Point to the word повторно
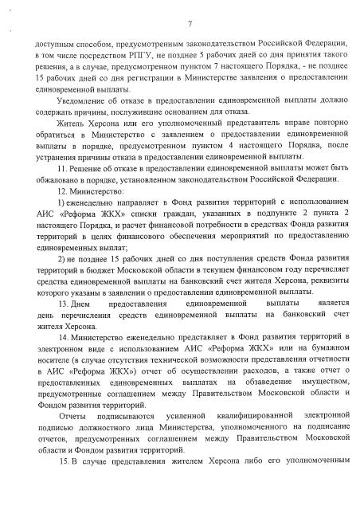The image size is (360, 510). point(330,130)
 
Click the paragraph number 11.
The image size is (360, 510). point(61,171)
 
